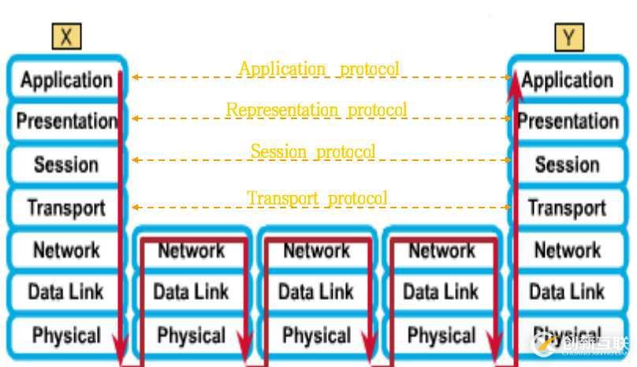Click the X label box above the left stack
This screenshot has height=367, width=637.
(x=66, y=36)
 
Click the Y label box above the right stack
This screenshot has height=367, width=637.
(x=568, y=36)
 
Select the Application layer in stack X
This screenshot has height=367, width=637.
(x=66, y=81)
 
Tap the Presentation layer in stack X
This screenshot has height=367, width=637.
(x=66, y=122)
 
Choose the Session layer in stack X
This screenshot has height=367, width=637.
(x=66, y=165)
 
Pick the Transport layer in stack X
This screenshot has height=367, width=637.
(x=66, y=208)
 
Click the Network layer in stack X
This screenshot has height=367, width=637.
(x=66, y=250)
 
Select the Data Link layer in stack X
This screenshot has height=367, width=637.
(x=66, y=292)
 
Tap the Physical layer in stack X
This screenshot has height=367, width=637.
(x=66, y=335)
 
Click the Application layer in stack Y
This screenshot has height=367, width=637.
(x=568, y=81)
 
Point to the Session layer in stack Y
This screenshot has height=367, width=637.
(x=568, y=165)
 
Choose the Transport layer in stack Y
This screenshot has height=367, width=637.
(x=568, y=208)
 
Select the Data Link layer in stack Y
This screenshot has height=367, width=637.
(x=568, y=292)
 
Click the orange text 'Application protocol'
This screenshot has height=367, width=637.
(x=319, y=69)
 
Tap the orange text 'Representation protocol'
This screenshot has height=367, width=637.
(x=317, y=110)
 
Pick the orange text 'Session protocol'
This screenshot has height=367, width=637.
(x=313, y=151)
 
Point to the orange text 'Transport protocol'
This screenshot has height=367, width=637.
(x=317, y=197)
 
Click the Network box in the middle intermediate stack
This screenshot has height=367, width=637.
(x=316, y=250)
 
